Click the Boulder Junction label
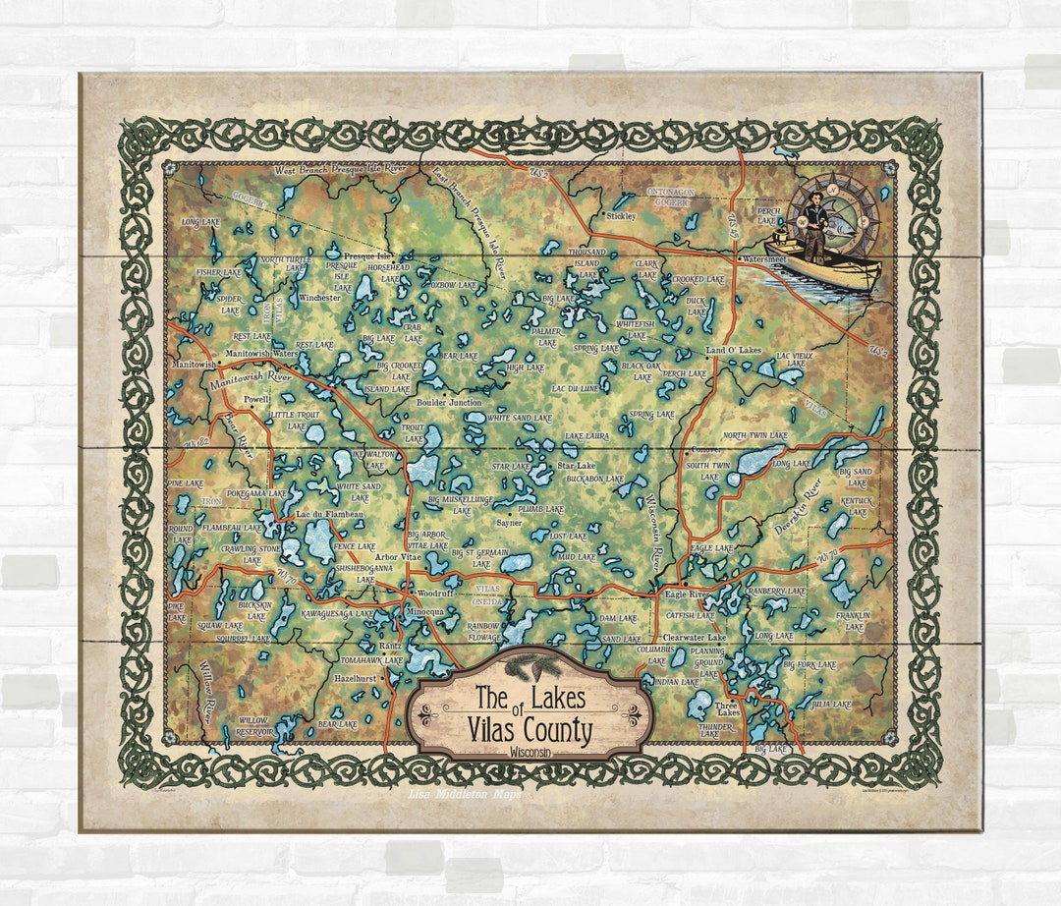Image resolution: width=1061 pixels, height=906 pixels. tap(449, 402)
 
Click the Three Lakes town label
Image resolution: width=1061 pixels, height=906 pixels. tap(727, 710)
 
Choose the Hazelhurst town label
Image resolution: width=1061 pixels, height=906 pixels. tap(357, 679)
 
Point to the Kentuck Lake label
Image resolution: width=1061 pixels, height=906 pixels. tap(857, 506)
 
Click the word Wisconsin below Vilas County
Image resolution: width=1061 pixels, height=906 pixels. tap(530, 751)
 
